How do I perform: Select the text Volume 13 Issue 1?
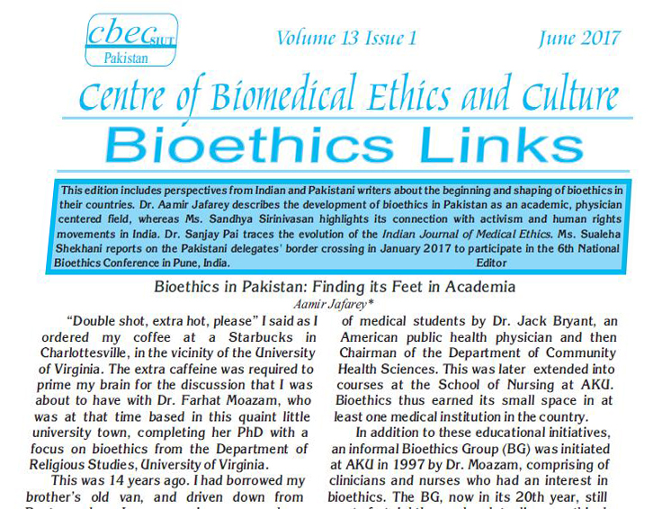point(347,38)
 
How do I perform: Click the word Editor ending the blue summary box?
point(488,263)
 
